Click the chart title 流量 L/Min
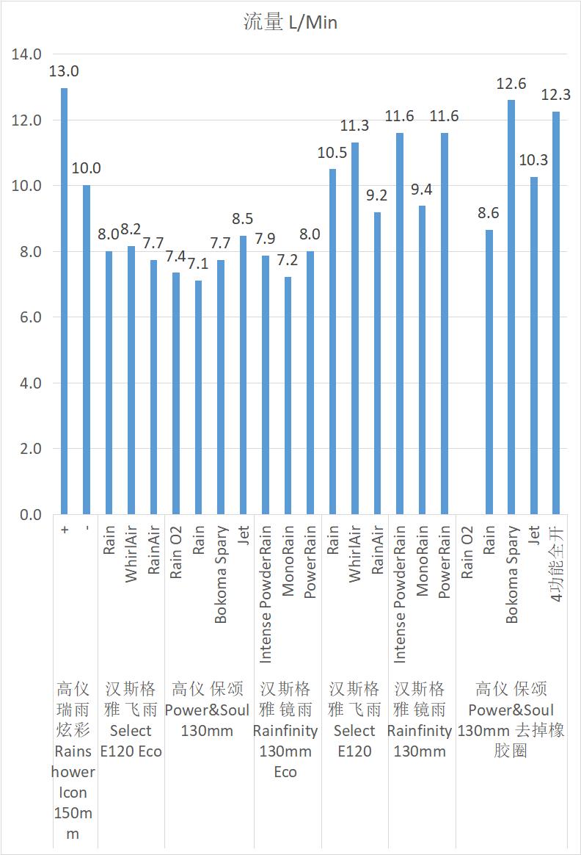pos(290,23)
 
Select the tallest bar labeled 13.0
pos(65,301)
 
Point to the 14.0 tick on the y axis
pos(27,54)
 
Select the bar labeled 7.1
pos(198,397)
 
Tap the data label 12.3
pos(555,95)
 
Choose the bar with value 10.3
pos(533,345)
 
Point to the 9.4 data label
pos(422,190)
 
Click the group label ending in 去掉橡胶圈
pos(511,720)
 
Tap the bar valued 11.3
pos(355,328)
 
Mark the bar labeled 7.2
pos(288,396)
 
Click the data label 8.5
pos(243,218)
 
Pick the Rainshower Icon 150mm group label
pos(73,761)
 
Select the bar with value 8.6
pos(489,372)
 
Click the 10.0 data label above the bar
pos(87,168)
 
